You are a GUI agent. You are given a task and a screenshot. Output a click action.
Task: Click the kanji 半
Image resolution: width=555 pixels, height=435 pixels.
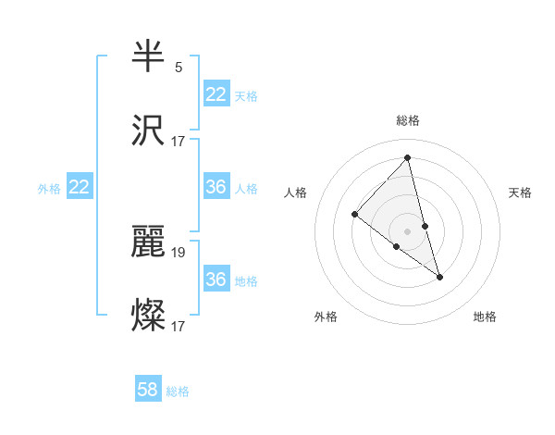149,56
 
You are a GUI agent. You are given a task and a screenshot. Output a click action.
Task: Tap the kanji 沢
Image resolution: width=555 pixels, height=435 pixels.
149,130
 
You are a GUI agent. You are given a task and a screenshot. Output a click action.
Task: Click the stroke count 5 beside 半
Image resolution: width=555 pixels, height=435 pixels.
179,68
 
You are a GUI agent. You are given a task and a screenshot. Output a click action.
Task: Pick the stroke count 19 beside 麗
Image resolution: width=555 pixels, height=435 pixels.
179,252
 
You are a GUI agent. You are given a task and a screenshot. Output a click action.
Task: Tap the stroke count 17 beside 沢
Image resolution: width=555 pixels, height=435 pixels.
179,142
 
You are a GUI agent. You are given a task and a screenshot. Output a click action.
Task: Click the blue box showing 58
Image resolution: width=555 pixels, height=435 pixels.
148,390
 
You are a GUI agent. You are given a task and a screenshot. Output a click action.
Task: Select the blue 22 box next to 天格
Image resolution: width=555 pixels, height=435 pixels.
216,94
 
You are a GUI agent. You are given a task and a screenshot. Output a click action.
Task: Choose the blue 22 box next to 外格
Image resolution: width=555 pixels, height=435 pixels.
80,187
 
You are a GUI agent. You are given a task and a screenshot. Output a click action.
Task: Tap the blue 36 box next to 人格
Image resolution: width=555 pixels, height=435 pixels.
216,187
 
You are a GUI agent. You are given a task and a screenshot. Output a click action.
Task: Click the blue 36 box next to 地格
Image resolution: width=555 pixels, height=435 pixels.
216,280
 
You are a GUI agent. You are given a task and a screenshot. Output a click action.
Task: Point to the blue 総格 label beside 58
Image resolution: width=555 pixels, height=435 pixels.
178,391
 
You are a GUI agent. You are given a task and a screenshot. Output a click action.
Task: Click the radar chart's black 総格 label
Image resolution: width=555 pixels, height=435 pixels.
408,120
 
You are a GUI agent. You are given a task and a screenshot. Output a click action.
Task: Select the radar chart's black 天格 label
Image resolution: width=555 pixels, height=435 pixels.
521,193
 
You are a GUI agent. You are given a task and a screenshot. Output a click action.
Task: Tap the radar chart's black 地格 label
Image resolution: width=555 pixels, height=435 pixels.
485,317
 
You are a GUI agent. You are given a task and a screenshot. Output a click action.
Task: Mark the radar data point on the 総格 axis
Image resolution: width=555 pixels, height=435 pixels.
408,157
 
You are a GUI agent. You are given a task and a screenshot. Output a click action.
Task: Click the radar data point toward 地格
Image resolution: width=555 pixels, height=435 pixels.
439,277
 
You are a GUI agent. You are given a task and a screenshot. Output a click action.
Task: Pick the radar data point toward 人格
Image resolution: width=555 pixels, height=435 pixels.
354,215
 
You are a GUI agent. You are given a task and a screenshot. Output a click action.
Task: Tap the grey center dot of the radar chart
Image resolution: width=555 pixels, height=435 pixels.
408,230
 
